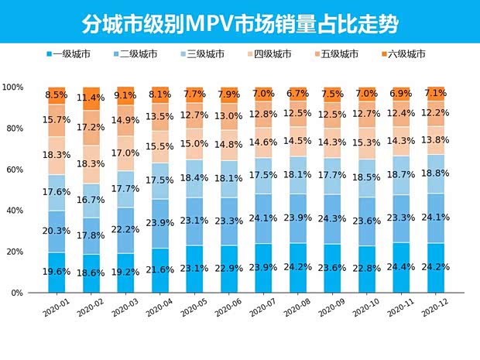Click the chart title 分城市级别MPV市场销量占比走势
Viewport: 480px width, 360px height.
240,23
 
